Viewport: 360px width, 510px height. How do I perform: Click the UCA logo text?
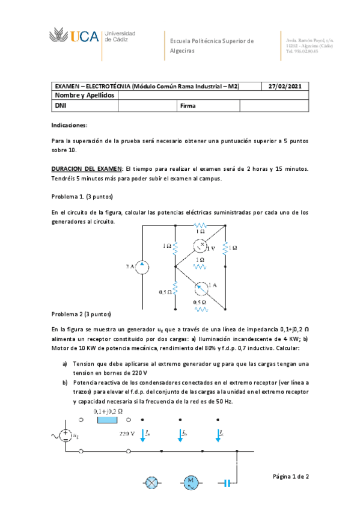[x=84, y=37]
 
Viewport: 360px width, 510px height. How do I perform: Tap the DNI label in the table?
[x=61, y=106]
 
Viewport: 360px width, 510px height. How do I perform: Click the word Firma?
[x=188, y=106]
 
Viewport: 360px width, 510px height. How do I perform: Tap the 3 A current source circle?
[x=142, y=266]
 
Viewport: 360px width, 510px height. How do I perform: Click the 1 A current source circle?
[x=200, y=286]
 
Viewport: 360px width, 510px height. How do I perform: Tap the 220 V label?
[x=127, y=432]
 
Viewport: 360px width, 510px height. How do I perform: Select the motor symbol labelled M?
[x=191, y=482]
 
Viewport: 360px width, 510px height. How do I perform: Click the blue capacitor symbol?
[x=228, y=482]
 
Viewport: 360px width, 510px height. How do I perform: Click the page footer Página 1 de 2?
[x=291, y=476]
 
